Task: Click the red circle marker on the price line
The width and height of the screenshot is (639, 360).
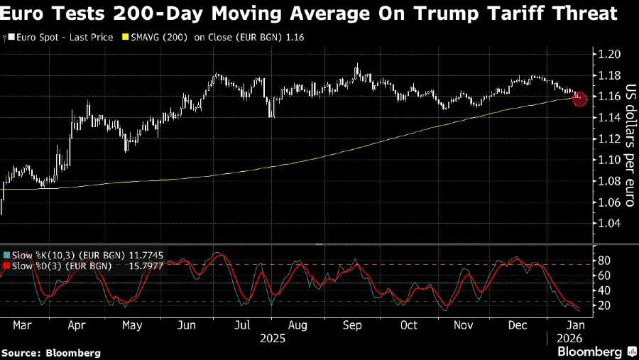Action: pos(579,99)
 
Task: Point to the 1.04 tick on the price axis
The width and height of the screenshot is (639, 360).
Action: pos(608,223)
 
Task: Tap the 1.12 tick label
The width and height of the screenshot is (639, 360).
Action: pos(608,138)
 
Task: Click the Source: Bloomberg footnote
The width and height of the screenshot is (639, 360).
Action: pos(50,352)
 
